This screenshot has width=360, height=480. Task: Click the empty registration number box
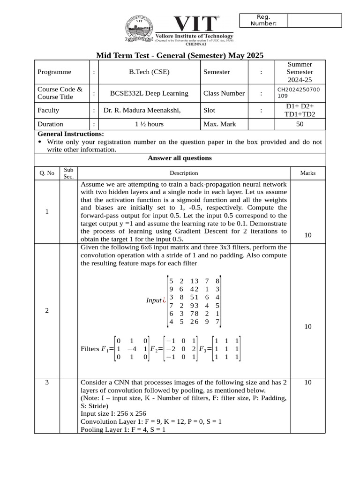tap(314, 21)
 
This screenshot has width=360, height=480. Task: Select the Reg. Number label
tap(263, 21)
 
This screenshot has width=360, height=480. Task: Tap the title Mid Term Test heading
tap(180, 56)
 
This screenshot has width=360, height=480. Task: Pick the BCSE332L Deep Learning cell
tap(149, 93)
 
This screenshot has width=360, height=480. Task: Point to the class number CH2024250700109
tap(299, 92)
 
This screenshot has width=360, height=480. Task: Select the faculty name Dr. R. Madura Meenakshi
tap(142, 111)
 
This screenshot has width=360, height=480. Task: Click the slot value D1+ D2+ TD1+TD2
tap(300, 110)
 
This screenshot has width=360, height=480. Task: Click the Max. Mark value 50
tap(300, 124)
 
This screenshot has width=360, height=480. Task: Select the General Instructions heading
tap(71, 134)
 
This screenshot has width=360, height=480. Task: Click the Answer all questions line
tap(180, 158)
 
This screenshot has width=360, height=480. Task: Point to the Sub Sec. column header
tap(68, 173)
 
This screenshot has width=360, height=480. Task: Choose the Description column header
tap(184, 173)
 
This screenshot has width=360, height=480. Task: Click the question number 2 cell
tap(47, 311)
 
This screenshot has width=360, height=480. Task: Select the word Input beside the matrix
tap(153, 300)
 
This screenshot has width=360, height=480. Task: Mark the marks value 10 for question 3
tap(307, 382)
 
